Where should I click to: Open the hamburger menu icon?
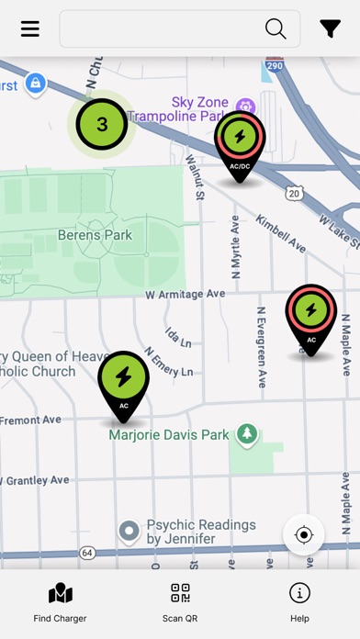click(30, 28)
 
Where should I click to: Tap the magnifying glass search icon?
click(276, 28)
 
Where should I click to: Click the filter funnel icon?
click(331, 28)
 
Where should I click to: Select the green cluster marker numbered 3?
click(102, 124)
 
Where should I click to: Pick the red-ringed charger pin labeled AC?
click(311, 314)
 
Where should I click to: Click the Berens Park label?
click(95, 235)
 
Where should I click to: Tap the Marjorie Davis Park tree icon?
click(246, 433)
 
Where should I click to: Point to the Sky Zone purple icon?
click(245, 106)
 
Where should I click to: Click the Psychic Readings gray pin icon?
click(129, 531)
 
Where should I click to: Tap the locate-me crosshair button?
click(304, 534)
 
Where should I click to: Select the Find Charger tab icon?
click(60, 594)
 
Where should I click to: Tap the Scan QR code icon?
click(180, 594)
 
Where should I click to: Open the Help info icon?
click(299, 593)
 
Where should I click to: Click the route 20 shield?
click(293, 192)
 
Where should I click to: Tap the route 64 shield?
click(87, 553)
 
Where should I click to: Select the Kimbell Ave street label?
click(281, 235)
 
